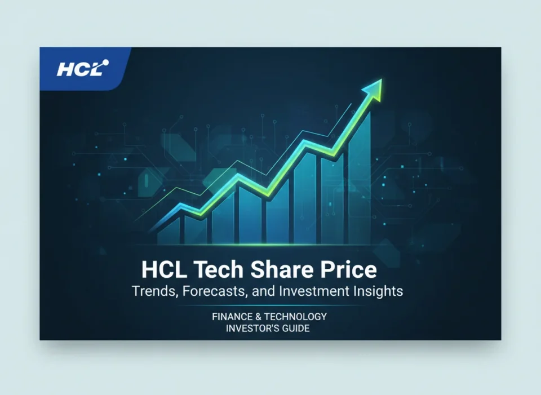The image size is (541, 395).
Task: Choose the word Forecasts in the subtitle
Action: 205,292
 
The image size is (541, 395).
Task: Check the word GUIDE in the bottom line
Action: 295,329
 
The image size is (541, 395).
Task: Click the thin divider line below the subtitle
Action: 270,305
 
